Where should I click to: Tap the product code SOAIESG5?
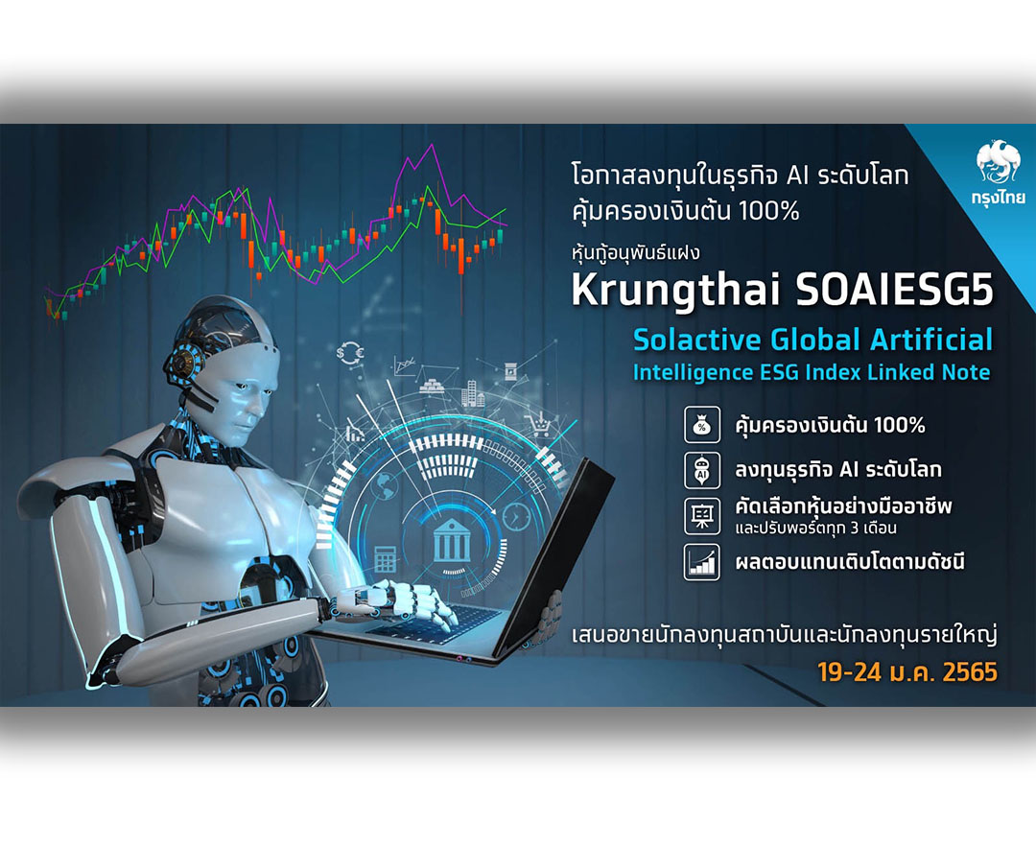(895, 289)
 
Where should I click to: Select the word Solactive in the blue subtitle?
(697, 340)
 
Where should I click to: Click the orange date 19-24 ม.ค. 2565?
(907, 672)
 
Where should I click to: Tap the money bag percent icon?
(701, 425)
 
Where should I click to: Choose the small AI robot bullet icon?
(701, 470)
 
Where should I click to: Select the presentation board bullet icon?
(701, 516)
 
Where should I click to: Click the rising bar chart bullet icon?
(701, 562)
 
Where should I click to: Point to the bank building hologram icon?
(453, 540)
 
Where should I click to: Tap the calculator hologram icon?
(386, 559)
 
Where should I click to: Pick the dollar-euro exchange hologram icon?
(350, 353)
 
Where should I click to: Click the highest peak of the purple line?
(433, 145)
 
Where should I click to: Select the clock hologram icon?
(515, 516)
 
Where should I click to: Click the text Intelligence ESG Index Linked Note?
(812, 372)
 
